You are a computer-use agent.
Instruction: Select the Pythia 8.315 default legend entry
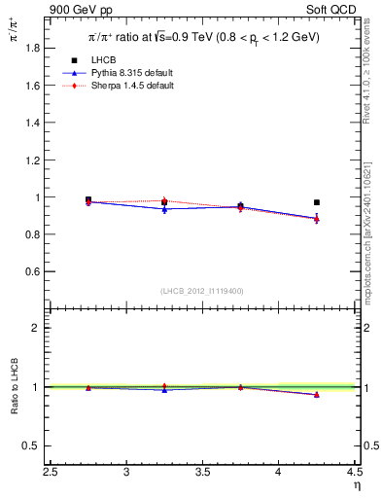pos(131,73)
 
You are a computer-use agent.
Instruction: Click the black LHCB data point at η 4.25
pos(317,202)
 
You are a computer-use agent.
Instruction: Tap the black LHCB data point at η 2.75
pos(88,199)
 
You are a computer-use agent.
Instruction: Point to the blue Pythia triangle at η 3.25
pos(164,209)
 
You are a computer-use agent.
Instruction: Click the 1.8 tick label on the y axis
pos(32,48)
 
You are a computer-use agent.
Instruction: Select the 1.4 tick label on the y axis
pos(32,123)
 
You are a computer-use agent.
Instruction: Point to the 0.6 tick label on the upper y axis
pos(32,271)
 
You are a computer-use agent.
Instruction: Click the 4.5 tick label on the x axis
pos(355,473)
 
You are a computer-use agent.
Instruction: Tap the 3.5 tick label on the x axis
pos(203,473)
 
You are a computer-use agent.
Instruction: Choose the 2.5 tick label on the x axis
pos(52,473)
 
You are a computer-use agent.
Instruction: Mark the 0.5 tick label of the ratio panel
pos(32,445)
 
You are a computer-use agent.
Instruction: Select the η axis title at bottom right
pos(356,485)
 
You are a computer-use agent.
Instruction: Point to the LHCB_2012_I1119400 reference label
pos(203,291)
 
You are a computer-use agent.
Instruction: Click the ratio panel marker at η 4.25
pos(317,394)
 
